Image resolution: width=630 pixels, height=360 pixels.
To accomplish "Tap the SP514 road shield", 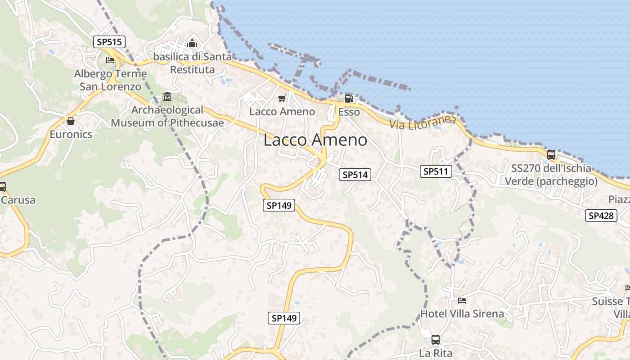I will tap(355, 175).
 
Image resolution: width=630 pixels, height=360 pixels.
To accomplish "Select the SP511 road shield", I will tap(436, 171).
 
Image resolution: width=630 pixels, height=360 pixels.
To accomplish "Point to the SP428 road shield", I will tap(601, 216).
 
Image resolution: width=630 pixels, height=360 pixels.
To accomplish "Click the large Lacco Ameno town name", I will tap(315, 140).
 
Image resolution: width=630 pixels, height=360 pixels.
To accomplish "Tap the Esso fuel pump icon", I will tap(349, 99).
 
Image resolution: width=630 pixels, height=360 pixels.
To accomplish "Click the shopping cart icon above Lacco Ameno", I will tap(282, 98).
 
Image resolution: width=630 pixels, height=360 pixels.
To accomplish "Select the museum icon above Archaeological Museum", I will tap(167, 97).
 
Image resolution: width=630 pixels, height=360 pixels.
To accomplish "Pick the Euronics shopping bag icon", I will tap(71, 121).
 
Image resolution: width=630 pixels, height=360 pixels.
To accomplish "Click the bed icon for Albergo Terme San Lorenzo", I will tap(110, 60).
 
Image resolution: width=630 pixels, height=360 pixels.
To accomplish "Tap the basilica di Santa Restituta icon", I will tap(193, 44).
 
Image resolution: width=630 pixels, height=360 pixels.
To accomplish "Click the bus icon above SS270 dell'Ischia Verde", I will tap(551, 155).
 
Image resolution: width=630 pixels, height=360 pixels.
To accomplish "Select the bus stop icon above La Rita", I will tap(436, 340).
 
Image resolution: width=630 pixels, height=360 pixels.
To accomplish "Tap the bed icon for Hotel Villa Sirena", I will tap(462, 300).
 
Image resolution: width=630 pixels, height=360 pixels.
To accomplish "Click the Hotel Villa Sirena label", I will tap(462, 313).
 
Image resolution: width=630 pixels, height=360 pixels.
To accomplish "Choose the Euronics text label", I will tap(71, 134).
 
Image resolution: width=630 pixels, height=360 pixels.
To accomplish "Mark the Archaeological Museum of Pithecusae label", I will tap(167, 116).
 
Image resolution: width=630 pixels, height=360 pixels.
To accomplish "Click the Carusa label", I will tap(18, 200).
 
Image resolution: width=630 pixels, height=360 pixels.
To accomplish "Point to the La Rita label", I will tap(436, 353).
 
